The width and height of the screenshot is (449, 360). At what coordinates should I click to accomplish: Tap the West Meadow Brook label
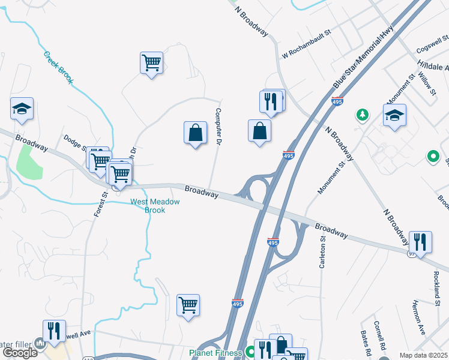click(x=155, y=206)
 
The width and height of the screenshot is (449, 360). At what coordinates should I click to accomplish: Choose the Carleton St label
click(x=322, y=252)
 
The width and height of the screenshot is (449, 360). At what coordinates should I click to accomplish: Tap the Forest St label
click(x=100, y=203)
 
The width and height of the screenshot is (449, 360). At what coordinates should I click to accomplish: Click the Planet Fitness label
click(x=215, y=353)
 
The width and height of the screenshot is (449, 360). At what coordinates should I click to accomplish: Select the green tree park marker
click(x=362, y=114)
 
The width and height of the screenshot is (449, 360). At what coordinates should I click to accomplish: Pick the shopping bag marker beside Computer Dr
click(x=195, y=133)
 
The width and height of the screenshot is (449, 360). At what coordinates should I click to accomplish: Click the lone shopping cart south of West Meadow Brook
click(x=188, y=305)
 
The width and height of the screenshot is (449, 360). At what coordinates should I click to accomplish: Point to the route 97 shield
click(x=411, y=254)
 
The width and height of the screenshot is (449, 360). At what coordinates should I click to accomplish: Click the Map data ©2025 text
click(x=424, y=355)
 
